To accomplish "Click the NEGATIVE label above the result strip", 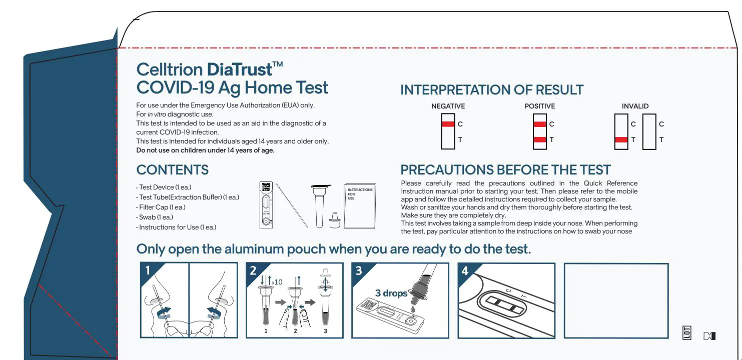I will (448, 106).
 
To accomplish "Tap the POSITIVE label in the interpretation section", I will (539, 106).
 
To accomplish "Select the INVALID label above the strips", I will (635, 106).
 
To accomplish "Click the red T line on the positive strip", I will (540, 140).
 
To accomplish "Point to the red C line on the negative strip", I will (448, 124).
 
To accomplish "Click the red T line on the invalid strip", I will (621, 140).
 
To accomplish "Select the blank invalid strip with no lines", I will (649, 132).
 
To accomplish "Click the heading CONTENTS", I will (172, 170).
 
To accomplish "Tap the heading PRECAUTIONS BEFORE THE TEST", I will (505, 170).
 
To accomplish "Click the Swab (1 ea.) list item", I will (156, 217).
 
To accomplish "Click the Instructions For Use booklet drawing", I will (360, 206).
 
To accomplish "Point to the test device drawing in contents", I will (267, 205).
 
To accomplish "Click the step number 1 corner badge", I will (147, 271).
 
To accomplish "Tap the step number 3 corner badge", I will (359, 271).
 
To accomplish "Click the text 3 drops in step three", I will (391, 293).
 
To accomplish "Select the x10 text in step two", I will (277, 282).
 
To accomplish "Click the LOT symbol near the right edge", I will (687, 333).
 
